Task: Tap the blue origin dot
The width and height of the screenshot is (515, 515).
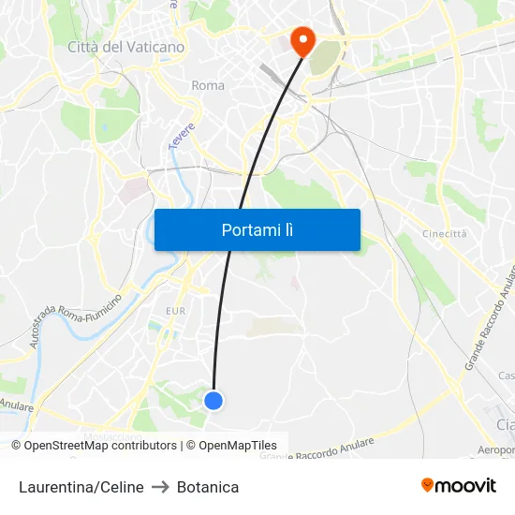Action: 213,401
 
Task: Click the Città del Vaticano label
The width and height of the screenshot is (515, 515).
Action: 125,46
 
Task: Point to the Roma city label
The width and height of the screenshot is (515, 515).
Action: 208,85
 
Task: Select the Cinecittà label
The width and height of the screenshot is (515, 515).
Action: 444,234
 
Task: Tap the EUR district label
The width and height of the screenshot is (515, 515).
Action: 175,311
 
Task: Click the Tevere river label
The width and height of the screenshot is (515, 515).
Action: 180,134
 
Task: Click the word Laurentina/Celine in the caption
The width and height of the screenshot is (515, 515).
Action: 81,487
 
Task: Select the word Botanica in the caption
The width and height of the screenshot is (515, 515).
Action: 208,487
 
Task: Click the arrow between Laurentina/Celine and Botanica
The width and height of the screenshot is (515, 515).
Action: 160,487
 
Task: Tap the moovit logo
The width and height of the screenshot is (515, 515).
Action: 458,485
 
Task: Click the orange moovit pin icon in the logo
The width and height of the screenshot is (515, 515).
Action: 428,485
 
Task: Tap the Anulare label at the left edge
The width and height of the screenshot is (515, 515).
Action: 17,405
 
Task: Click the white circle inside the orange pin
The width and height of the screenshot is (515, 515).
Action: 302,37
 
